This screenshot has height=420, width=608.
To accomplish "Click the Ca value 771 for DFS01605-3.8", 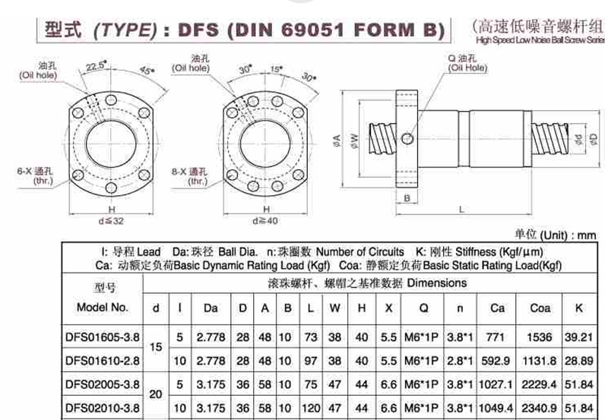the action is click(x=496, y=337).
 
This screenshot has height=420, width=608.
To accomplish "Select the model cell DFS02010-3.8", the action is click(x=103, y=408).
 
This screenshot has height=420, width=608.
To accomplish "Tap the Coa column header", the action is click(x=540, y=308).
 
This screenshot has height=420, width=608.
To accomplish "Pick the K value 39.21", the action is click(x=578, y=337).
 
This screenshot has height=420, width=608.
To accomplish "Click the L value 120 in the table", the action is click(x=311, y=408).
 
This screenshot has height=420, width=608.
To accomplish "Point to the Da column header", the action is click(x=211, y=308).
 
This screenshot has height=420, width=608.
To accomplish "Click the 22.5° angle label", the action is click(x=96, y=66).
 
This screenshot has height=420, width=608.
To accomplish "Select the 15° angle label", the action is click(x=277, y=69).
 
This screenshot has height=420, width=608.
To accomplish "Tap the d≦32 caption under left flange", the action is click(x=111, y=221).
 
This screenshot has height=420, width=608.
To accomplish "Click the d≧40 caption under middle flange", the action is click(x=265, y=221).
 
